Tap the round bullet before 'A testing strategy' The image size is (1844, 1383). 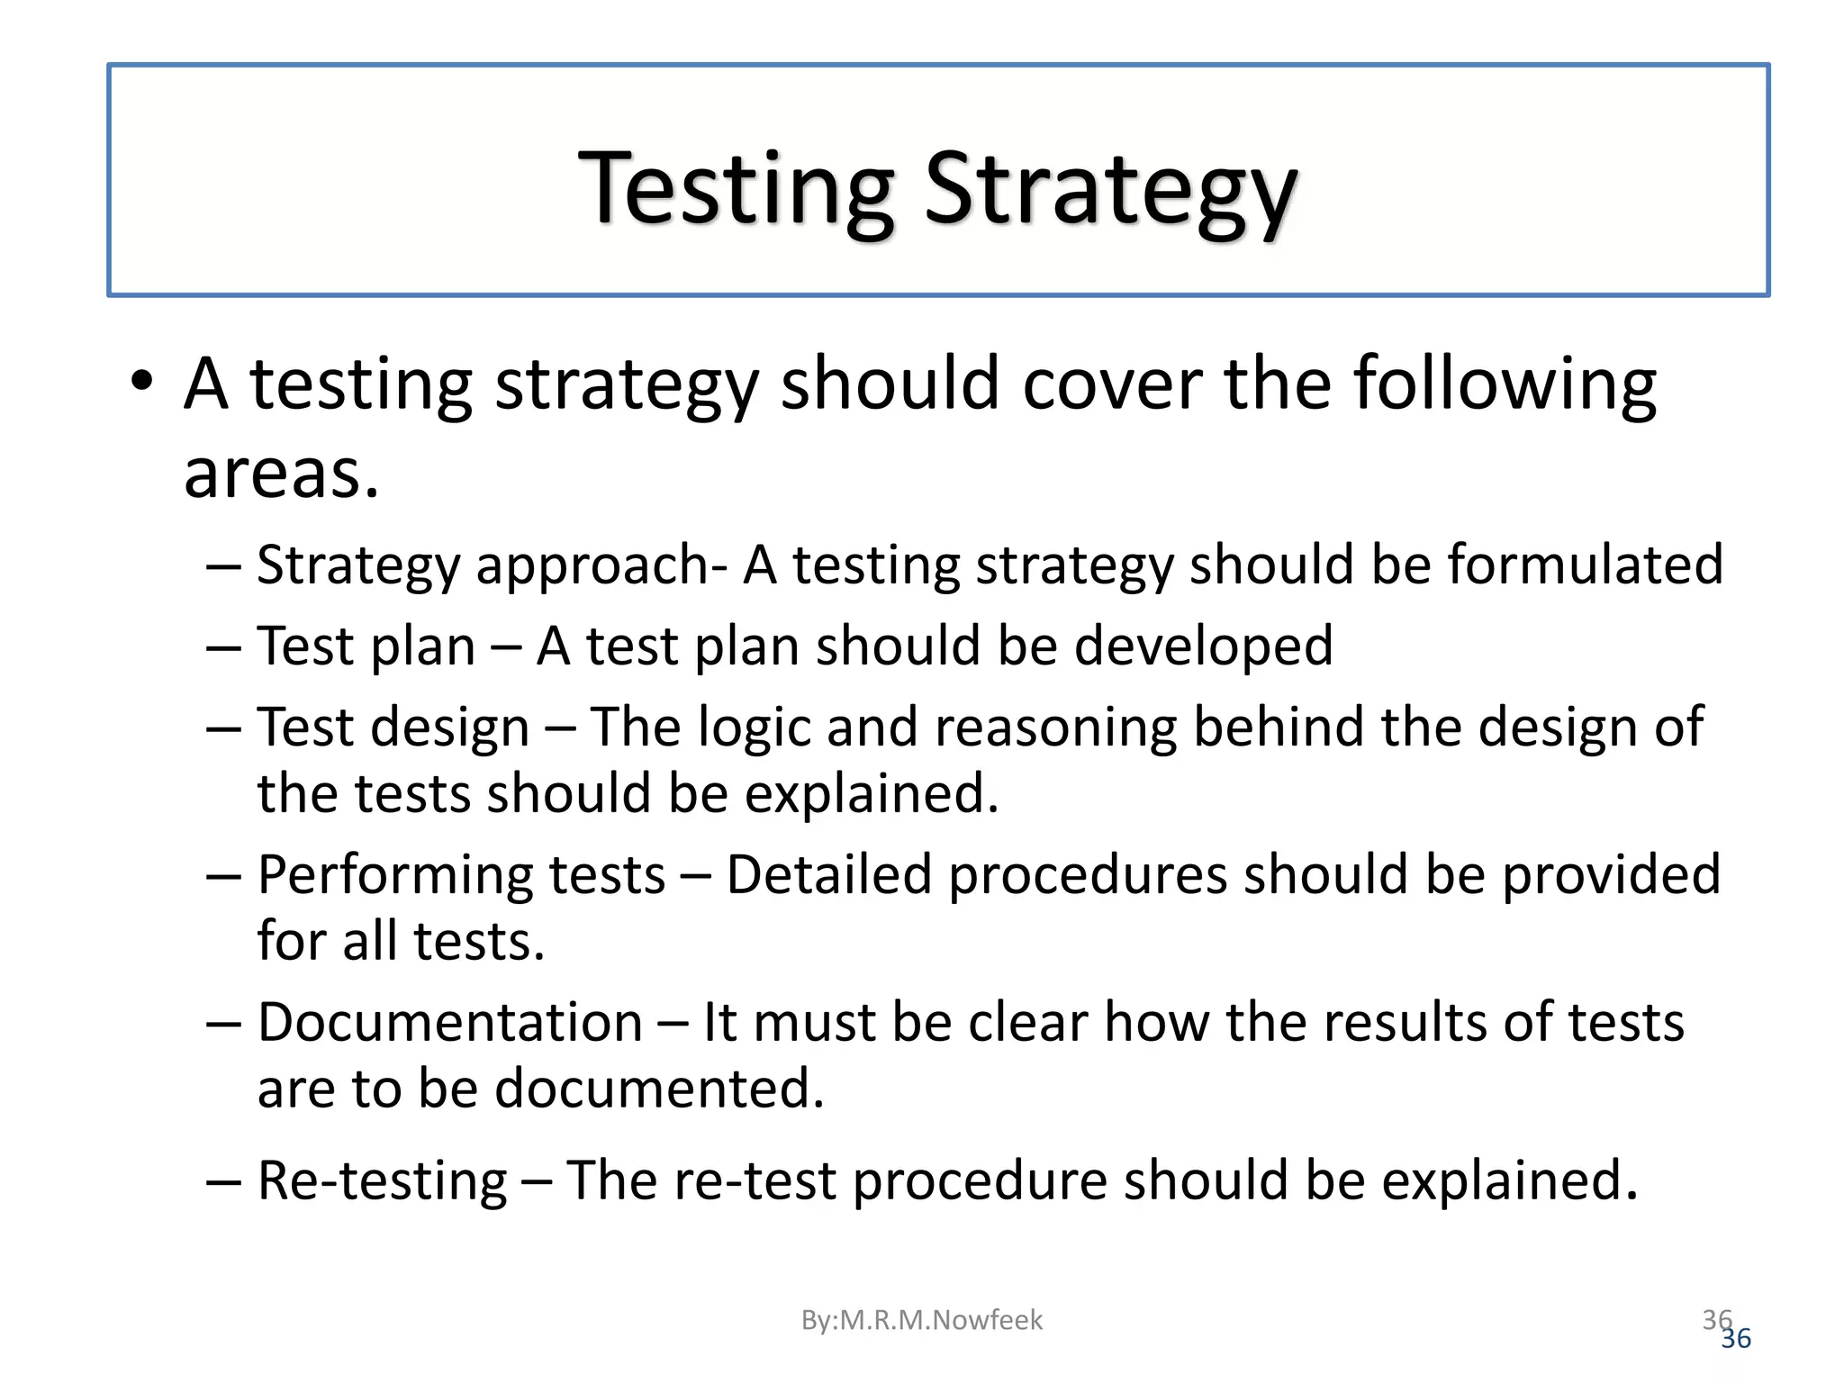[x=141, y=382]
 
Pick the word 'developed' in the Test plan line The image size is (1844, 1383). [x=1203, y=646]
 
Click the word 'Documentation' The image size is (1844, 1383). [x=449, y=1023]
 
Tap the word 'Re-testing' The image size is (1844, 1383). [x=382, y=1181]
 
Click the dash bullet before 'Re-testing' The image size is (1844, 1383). [x=222, y=1182]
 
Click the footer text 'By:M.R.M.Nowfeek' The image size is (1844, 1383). [x=921, y=1320]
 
